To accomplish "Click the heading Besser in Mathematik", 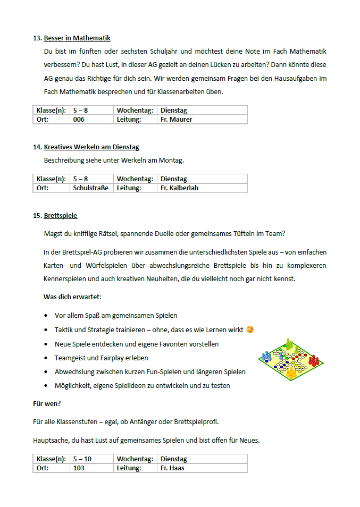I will [x=77, y=38].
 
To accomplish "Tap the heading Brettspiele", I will [x=61, y=216].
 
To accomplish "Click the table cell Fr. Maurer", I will [x=176, y=120].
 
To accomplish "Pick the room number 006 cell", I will [x=79, y=120].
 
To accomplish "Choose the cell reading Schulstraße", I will [x=90, y=188].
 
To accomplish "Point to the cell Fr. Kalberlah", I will [x=179, y=188].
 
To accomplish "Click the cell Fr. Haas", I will [x=172, y=468].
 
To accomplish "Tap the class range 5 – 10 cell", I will [x=82, y=459].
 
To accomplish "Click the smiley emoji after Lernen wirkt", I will [x=250, y=329].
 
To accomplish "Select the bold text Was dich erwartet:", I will [x=72, y=297].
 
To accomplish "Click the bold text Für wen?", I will [x=47, y=404].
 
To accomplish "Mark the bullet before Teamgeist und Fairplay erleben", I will [x=47, y=358].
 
